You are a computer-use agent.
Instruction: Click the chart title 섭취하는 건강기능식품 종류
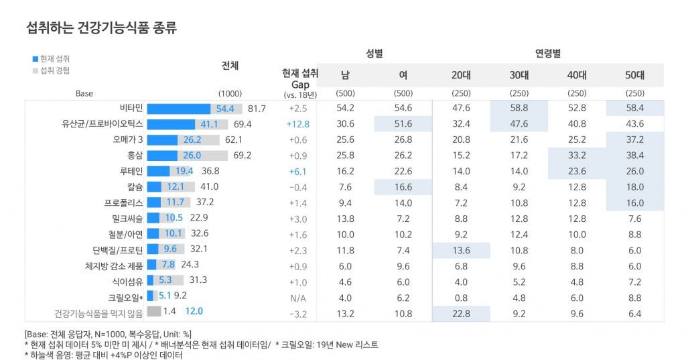(x=100, y=27)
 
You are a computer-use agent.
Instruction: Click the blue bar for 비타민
(x=179, y=109)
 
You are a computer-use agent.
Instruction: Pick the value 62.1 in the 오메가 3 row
(x=234, y=139)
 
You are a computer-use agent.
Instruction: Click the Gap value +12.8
(x=297, y=124)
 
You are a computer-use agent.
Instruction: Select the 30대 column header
(x=519, y=75)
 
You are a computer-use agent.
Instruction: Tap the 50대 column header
(x=634, y=75)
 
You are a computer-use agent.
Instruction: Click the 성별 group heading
(x=374, y=53)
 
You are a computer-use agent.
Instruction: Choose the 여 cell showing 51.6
(x=403, y=124)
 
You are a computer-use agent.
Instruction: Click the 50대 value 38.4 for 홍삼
(x=635, y=156)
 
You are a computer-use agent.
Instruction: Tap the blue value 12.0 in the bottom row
(x=194, y=311)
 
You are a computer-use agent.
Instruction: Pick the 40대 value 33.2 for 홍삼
(x=577, y=156)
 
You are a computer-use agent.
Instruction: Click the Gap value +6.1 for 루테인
(x=297, y=171)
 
